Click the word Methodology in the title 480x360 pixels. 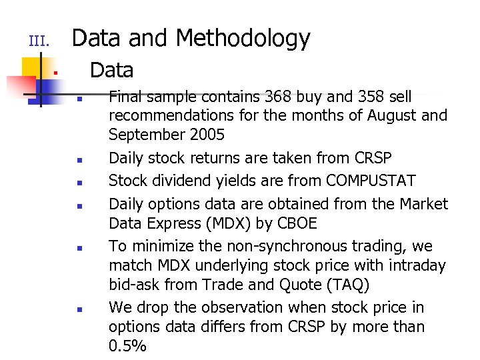click(243, 39)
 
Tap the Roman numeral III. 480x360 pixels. click(39, 42)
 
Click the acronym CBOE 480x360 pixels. click(300, 222)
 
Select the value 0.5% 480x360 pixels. click(127, 345)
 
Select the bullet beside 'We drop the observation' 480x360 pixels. click(79, 309)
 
